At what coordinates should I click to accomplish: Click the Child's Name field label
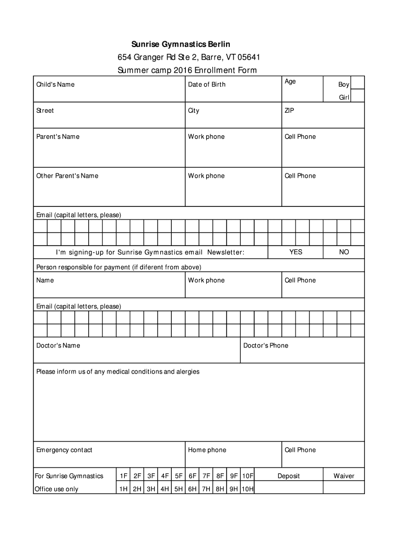click(55, 85)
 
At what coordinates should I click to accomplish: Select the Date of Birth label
click(207, 85)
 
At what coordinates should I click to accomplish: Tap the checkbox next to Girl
click(358, 97)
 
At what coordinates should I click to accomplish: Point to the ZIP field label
click(290, 111)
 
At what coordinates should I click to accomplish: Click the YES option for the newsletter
click(296, 252)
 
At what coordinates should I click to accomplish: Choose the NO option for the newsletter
click(344, 252)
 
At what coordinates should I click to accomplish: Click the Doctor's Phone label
click(266, 346)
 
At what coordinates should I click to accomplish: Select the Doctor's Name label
click(58, 346)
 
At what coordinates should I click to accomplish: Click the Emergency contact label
click(64, 450)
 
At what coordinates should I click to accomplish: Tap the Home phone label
click(207, 450)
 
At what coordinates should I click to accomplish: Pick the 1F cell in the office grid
click(124, 476)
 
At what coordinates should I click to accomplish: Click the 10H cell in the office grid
click(247, 490)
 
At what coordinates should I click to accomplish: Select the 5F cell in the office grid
click(179, 476)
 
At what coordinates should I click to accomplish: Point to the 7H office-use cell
click(206, 490)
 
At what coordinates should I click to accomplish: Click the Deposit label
click(289, 476)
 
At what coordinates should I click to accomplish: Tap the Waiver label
click(344, 476)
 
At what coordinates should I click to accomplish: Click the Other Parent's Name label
click(67, 176)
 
